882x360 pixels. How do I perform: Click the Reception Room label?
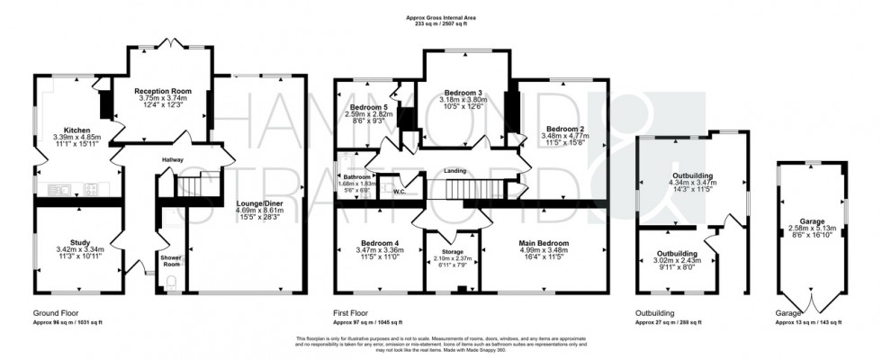click(x=164, y=91)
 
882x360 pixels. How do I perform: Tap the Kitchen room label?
click(x=68, y=130)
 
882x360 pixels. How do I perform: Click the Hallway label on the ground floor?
click(x=172, y=160)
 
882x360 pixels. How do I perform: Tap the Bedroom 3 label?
click(x=463, y=93)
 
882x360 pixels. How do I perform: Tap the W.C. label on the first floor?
click(x=400, y=191)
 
